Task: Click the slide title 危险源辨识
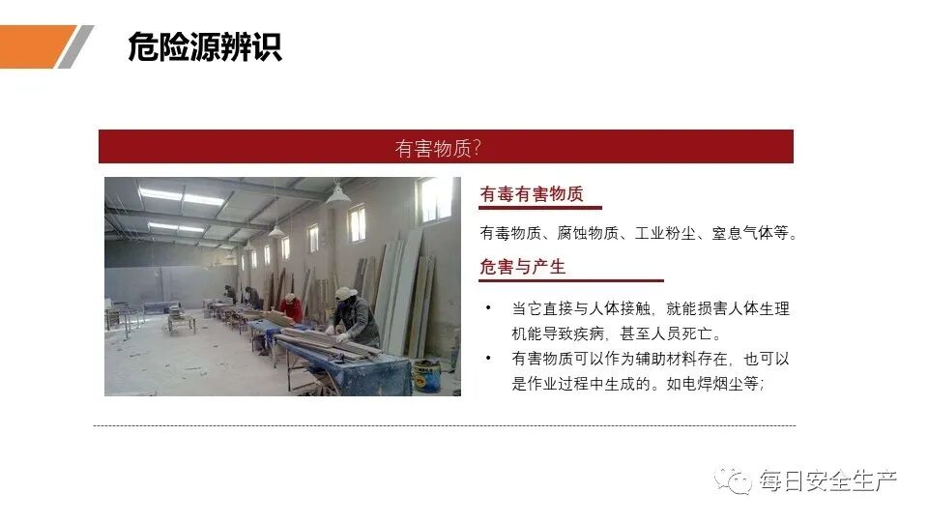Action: pyautogui.click(x=205, y=47)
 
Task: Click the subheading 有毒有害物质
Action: pyautogui.click(x=532, y=195)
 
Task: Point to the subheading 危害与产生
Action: pyautogui.click(x=523, y=267)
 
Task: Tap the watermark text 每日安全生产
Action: pyautogui.click(x=827, y=479)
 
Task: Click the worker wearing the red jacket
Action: pyautogui.click(x=291, y=306)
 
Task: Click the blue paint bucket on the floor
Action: pyautogui.click(x=426, y=373)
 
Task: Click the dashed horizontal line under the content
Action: pyautogui.click(x=445, y=425)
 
